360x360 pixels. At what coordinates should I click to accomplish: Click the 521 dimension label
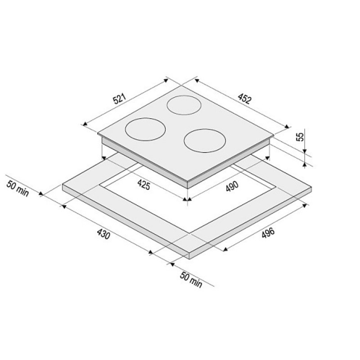point(120,99)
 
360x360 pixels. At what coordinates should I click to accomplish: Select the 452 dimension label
point(245,99)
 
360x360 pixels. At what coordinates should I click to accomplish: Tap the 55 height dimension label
point(300,137)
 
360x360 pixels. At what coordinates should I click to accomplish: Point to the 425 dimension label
point(144,184)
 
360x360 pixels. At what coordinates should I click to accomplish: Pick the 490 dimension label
point(232,186)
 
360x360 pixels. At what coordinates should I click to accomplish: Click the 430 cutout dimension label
point(103,234)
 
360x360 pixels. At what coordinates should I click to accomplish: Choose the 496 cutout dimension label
point(268,233)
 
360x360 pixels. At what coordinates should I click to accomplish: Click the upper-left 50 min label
point(18,189)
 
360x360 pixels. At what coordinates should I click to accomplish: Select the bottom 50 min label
point(191,279)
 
